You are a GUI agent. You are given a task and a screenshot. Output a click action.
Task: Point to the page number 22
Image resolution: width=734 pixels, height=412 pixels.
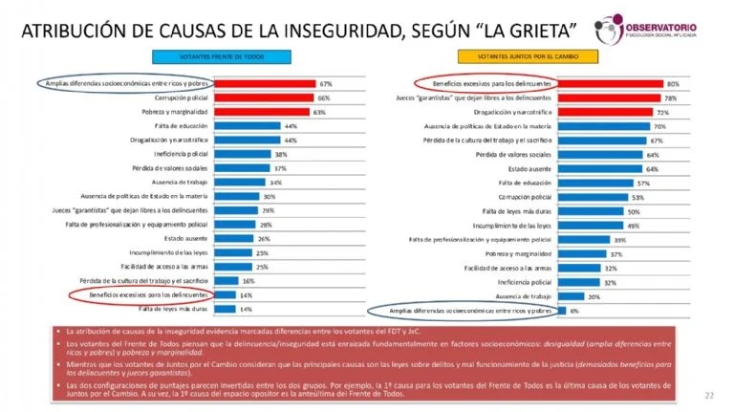point(709,394)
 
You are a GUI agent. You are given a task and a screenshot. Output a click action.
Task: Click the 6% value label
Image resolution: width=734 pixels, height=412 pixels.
point(573,311)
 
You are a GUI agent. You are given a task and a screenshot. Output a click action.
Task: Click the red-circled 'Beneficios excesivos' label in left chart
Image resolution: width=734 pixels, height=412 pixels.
point(155,295)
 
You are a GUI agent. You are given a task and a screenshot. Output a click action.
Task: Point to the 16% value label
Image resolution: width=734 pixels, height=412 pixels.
point(248,281)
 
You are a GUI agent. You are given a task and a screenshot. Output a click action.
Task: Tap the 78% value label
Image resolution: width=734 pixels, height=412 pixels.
point(670,98)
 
